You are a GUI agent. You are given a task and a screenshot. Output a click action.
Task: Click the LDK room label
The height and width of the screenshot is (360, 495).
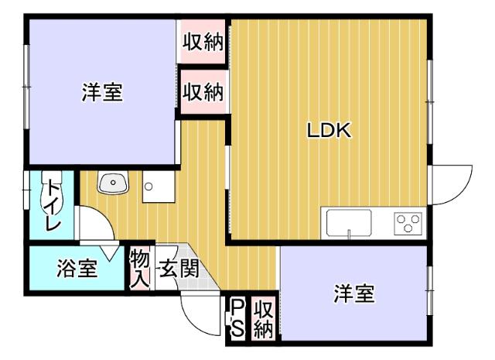tap(329, 131)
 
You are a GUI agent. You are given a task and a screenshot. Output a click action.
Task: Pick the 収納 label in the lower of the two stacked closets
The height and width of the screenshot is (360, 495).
tap(203, 93)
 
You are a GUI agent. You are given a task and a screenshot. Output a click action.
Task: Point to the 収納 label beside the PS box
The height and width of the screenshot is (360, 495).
tap(263, 318)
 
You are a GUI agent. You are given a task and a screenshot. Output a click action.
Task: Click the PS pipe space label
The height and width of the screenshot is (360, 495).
tap(237, 318)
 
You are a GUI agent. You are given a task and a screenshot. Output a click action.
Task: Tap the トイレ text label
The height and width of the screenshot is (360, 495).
tap(52, 204)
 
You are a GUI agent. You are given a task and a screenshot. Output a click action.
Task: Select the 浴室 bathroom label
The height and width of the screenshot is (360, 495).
tap(77, 269)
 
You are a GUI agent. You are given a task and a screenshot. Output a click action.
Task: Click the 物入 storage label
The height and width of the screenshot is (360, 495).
tap(139, 268)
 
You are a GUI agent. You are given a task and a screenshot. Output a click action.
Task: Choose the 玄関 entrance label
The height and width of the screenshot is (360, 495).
tap(179, 269)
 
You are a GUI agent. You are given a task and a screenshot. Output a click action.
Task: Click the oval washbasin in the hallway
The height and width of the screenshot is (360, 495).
tap(114, 183)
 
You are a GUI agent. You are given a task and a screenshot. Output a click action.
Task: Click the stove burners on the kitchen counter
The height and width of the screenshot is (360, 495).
tap(408, 224)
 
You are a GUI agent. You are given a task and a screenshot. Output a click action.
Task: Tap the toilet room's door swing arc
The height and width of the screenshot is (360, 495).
tap(95, 227)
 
